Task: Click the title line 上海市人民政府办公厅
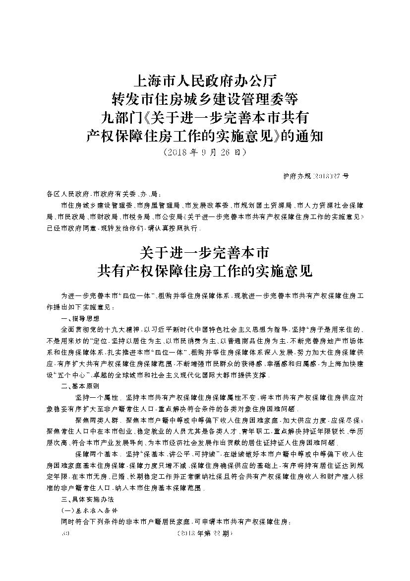[204, 80]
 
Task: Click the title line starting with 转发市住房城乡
[204, 98]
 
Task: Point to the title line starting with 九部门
[204, 116]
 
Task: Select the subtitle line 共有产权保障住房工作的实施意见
[204, 271]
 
